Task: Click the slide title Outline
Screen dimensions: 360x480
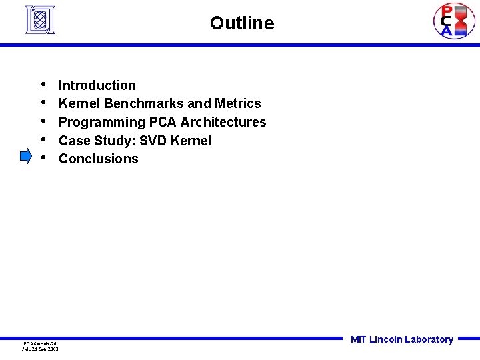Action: click(241, 23)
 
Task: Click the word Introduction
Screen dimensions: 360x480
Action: click(97, 85)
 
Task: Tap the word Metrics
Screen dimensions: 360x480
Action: click(238, 103)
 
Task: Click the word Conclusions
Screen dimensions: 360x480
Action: click(99, 159)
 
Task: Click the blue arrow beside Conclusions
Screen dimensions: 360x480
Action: click(26, 157)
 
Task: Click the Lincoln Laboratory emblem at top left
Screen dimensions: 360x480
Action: click(39, 20)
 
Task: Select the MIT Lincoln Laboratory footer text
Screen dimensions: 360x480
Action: click(402, 339)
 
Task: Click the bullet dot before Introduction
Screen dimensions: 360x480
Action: click(43, 84)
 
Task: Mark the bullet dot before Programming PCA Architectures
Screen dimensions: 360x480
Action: click(43, 121)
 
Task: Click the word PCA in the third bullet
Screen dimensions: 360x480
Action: click(163, 122)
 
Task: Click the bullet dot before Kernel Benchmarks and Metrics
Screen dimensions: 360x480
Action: click(43, 103)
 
